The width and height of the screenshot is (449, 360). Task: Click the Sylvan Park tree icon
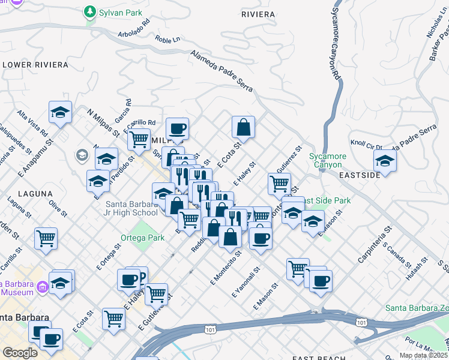pyautogui.click(x=90, y=11)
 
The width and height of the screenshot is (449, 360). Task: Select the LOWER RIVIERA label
pyautogui.click(x=29, y=64)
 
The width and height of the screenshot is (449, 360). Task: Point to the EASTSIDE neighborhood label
pyautogui.click(x=359, y=175)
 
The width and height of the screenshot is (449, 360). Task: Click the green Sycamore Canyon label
pyautogui.click(x=327, y=160)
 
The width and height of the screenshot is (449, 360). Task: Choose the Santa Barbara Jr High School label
pyautogui.click(x=128, y=208)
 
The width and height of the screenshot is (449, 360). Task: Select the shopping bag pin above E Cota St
pyautogui.click(x=243, y=127)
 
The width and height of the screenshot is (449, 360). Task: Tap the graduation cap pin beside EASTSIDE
pyautogui.click(x=385, y=161)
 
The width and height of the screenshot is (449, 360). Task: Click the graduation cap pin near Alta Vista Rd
pyautogui.click(x=61, y=112)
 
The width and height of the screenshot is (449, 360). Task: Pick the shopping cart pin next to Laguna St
pyautogui.click(x=46, y=239)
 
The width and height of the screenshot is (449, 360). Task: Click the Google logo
pyautogui.click(x=20, y=353)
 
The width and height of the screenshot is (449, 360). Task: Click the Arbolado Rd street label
pyautogui.click(x=134, y=34)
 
